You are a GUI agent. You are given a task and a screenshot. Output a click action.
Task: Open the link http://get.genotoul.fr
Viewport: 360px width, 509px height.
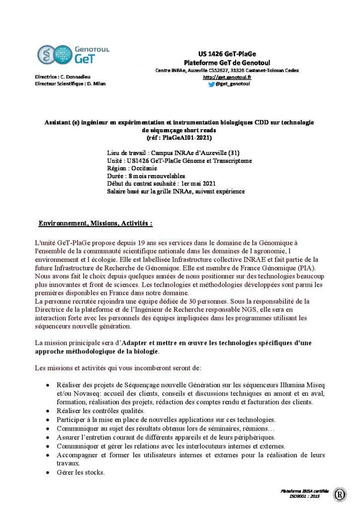coord(227,78)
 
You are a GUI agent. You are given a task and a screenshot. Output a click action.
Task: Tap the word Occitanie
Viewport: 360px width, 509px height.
coord(145,169)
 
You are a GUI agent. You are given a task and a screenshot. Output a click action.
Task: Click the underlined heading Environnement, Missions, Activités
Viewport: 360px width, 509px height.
coord(95,224)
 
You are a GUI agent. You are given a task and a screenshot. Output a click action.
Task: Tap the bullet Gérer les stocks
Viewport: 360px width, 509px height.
coord(81,472)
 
